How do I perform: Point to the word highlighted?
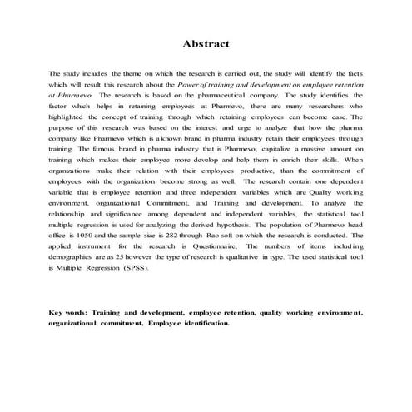(x=72, y=117)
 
